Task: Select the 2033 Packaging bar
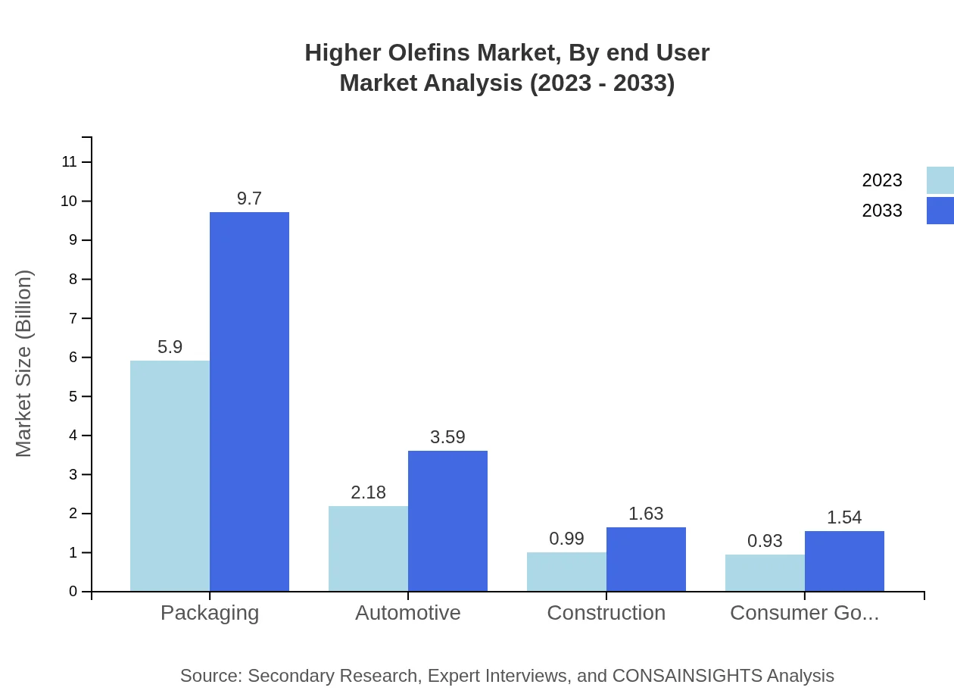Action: click(249, 402)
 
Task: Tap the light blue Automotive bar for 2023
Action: click(368, 549)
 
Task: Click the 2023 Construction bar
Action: click(566, 572)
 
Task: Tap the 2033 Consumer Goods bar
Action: click(844, 561)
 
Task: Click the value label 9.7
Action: click(249, 198)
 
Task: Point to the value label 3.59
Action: click(447, 437)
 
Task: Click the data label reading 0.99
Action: click(566, 539)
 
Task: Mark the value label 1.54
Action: click(844, 517)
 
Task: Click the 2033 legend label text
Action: click(882, 211)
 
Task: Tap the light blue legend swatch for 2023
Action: click(940, 180)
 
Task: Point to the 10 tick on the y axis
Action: click(69, 201)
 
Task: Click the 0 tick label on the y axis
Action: click(73, 592)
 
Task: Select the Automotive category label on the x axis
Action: click(408, 612)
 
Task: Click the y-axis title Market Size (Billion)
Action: click(24, 364)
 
